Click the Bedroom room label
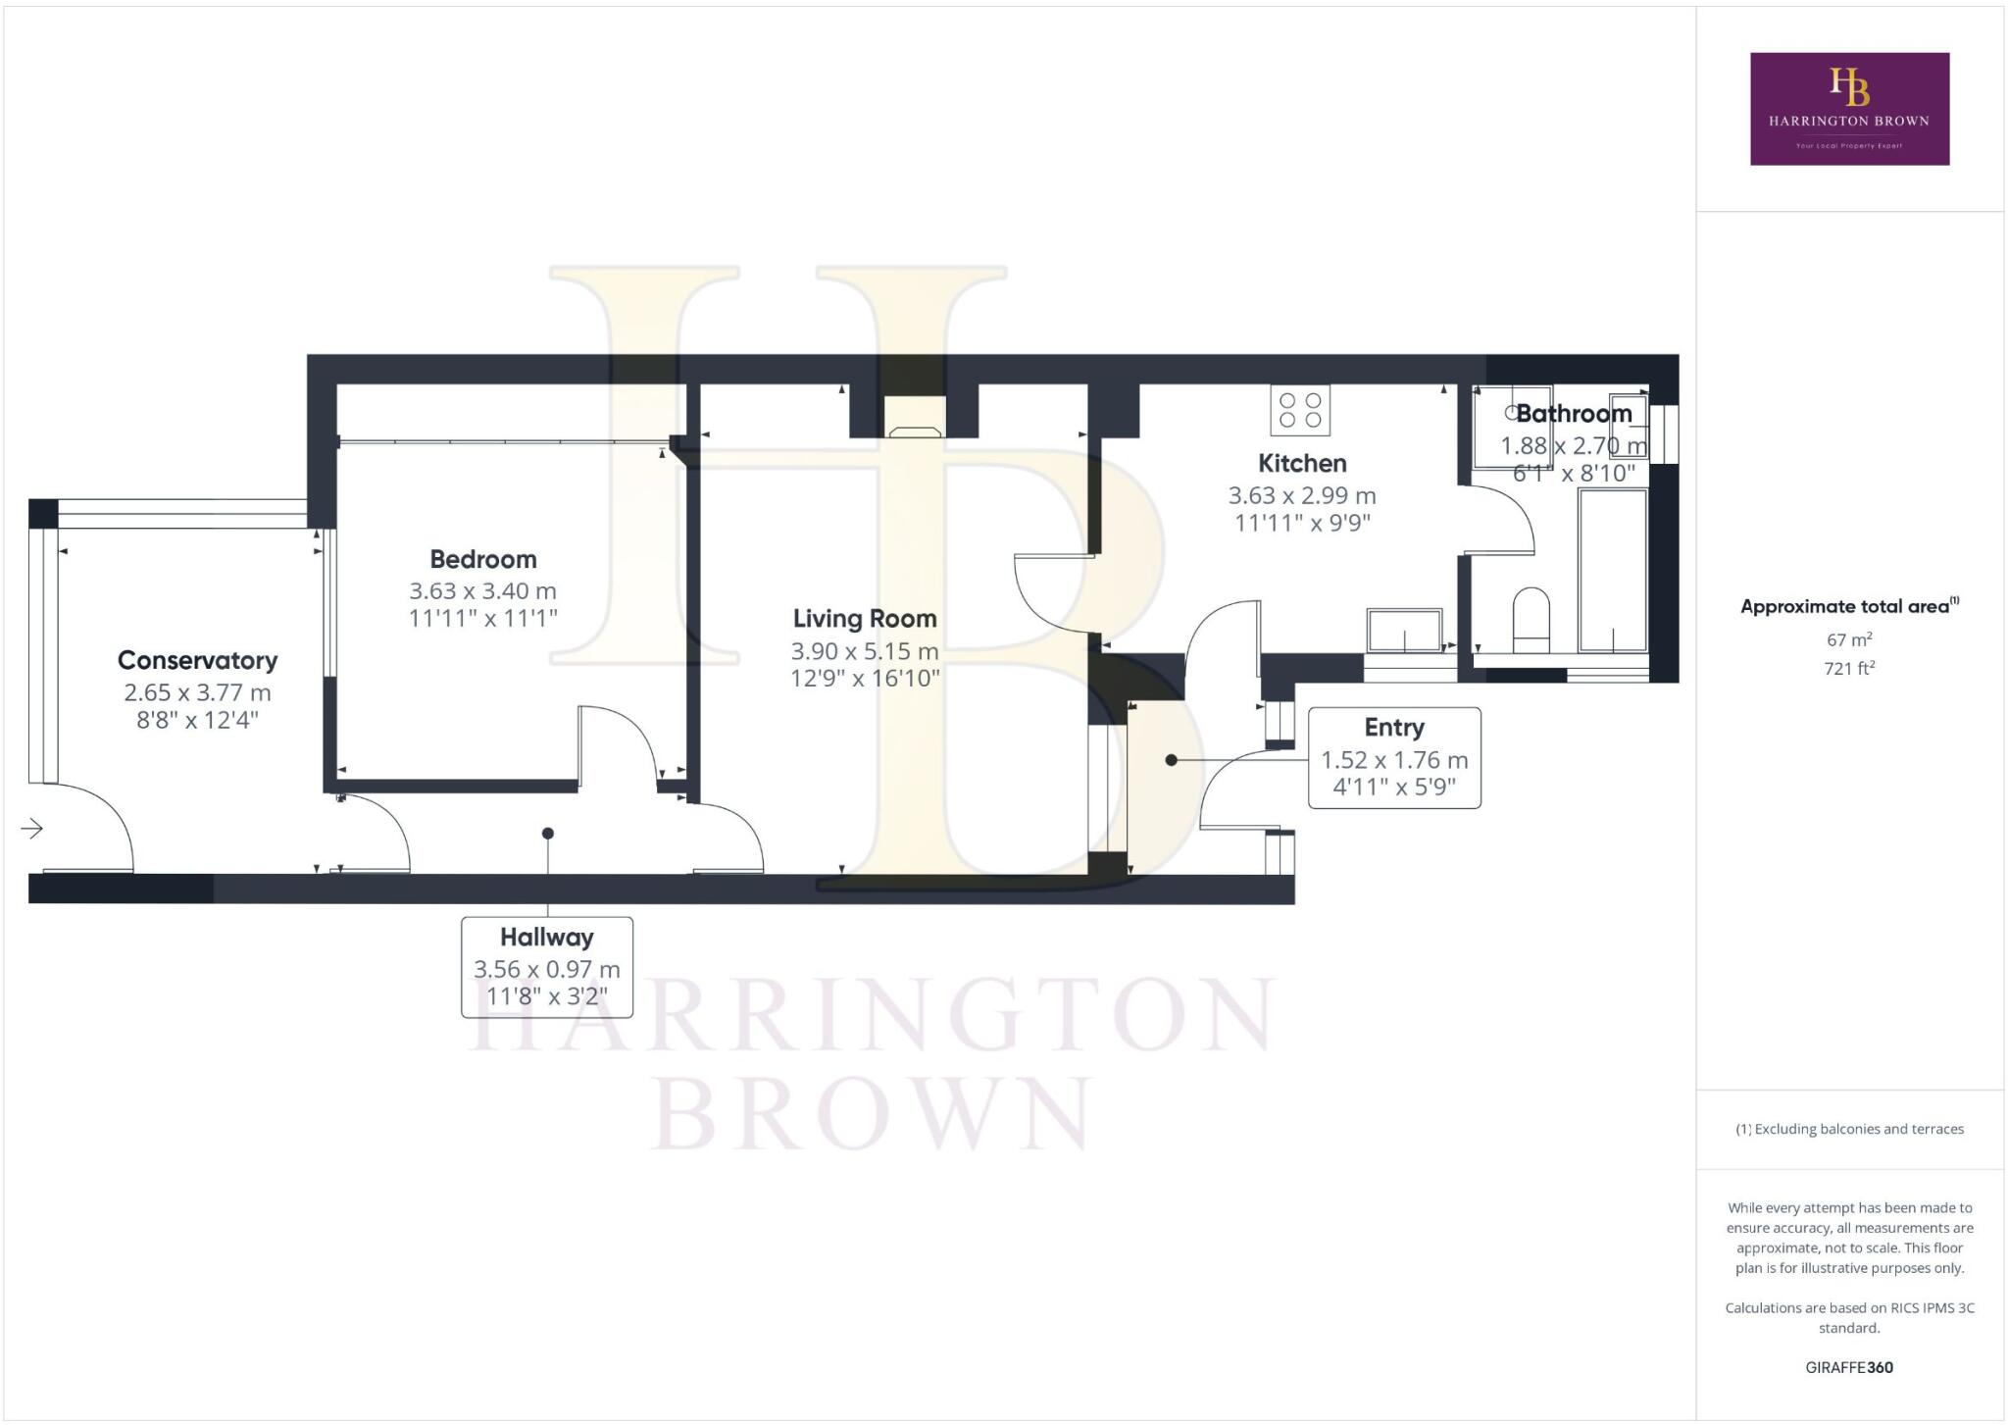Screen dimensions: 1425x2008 click(483, 559)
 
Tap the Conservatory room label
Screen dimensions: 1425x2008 click(197, 660)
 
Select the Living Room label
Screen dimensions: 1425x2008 click(865, 619)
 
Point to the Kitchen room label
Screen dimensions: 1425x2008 click(1302, 463)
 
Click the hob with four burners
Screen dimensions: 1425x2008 click(1300, 410)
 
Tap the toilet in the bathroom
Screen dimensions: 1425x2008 click(1531, 619)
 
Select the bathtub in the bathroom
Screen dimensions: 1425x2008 click(1612, 570)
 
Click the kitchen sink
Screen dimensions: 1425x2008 click(1404, 630)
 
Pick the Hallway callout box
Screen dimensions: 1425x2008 click(547, 967)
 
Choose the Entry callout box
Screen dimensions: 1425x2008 click(1393, 758)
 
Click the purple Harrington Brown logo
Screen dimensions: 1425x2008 click(1849, 109)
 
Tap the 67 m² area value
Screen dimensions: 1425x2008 click(1849, 640)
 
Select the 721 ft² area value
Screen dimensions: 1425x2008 click(1849, 669)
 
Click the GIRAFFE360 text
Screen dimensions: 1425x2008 click(1849, 1367)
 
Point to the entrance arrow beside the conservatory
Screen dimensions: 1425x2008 click(32, 830)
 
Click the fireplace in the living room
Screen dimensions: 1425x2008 click(915, 418)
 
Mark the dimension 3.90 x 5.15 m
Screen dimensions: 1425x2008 click(865, 651)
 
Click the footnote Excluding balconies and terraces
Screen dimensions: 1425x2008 click(1849, 1129)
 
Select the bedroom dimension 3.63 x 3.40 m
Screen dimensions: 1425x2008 click(483, 591)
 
